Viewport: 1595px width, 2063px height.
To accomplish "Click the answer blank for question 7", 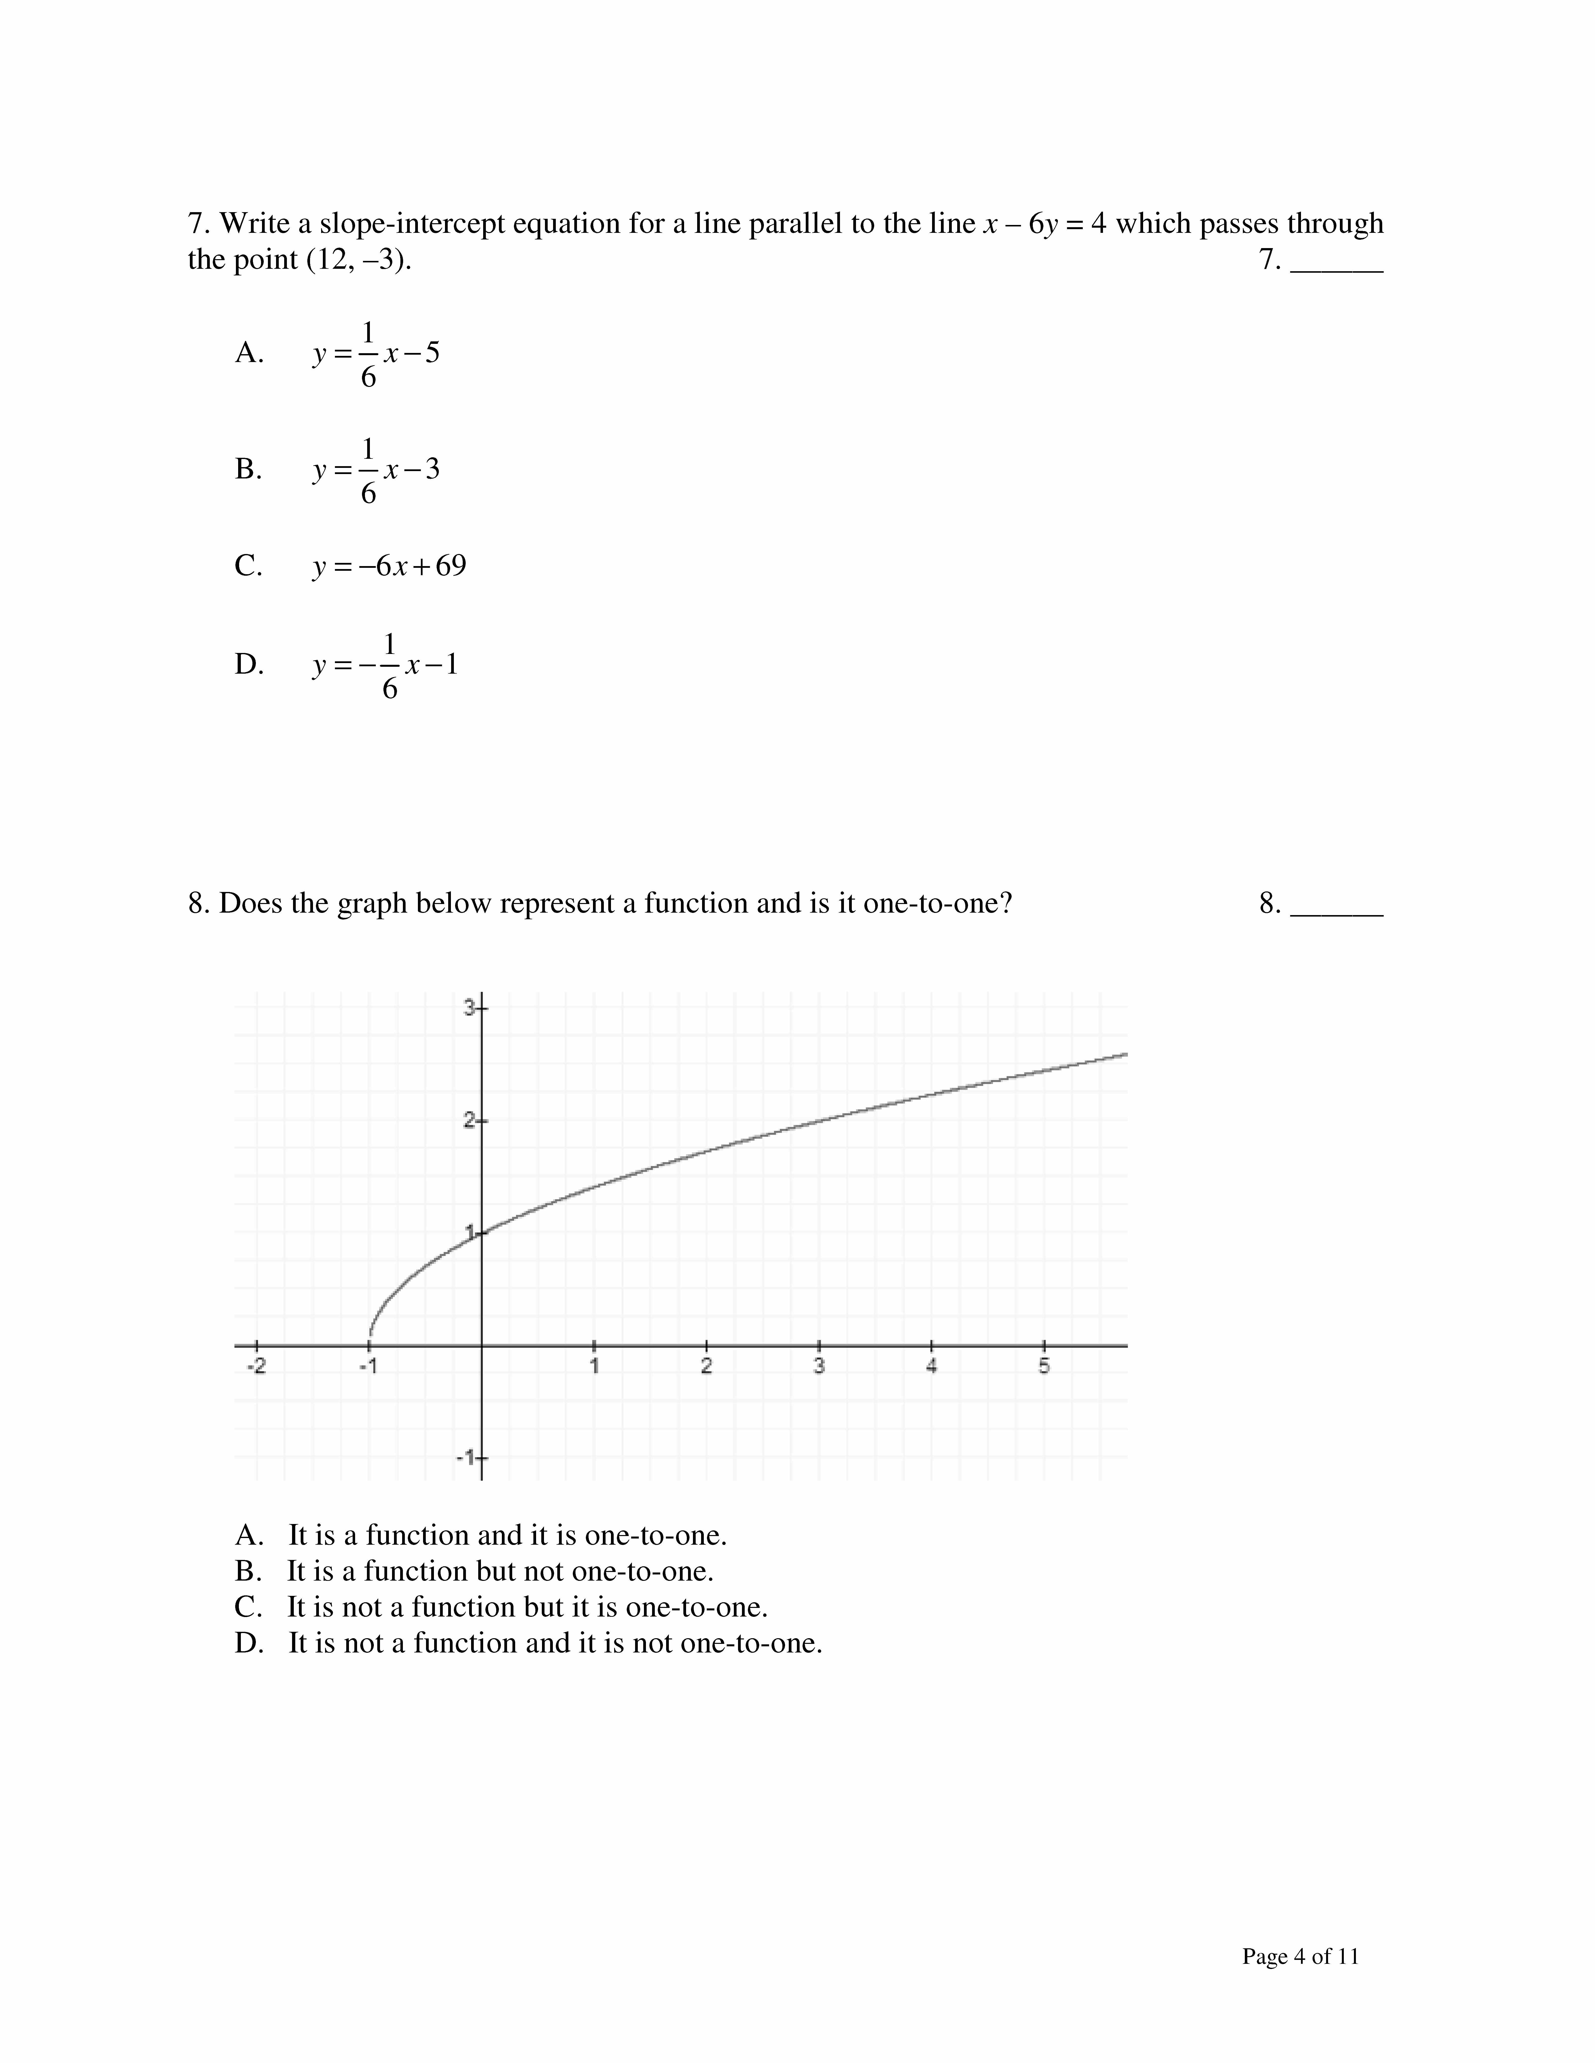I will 1336,263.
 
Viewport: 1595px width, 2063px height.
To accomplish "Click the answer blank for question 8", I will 1336,907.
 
